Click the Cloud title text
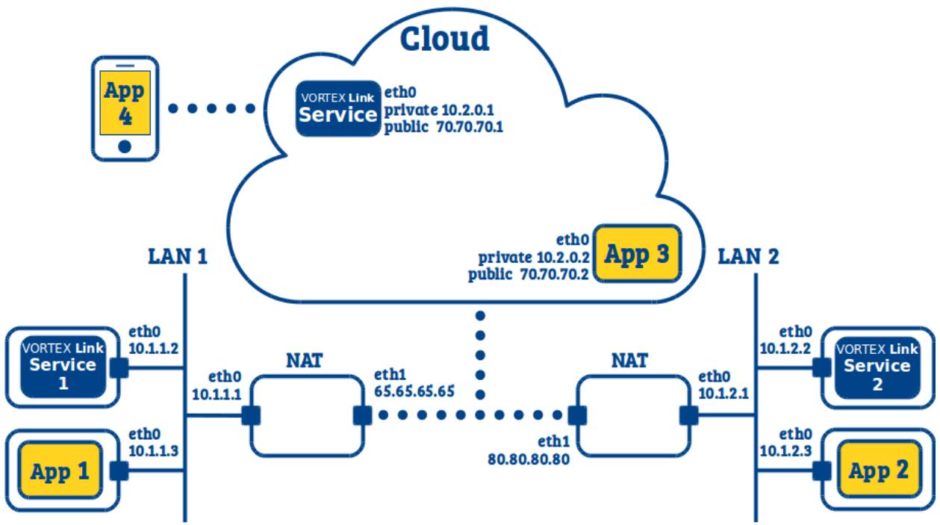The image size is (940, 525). (x=445, y=38)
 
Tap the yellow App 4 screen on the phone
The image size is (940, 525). (x=125, y=103)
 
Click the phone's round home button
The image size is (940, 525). (x=125, y=146)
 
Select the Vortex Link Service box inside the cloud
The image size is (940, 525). (x=338, y=109)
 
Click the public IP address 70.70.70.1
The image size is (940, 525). (x=470, y=127)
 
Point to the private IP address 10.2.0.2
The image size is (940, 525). (x=563, y=257)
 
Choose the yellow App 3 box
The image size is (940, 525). (x=637, y=253)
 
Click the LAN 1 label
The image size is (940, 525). (x=178, y=256)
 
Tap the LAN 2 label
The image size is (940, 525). (x=748, y=256)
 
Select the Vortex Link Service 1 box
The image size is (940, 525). (x=63, y=367)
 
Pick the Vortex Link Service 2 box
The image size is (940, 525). (x=877, y=367)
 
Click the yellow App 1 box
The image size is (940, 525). (x=60, y=470)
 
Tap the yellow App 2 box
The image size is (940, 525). (x=879, y=470)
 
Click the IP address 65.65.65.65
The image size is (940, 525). (x=414, y=391)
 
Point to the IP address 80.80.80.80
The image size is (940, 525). (x=529, y=459)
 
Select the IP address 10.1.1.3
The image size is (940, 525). (x=154, y=451)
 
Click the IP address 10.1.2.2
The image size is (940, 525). (x=785, y=348)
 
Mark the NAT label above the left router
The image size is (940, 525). (x=304, y=360)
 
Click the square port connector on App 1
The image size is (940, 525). (x=119, y=470)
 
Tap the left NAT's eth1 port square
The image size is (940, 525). (x=362, y=415)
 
